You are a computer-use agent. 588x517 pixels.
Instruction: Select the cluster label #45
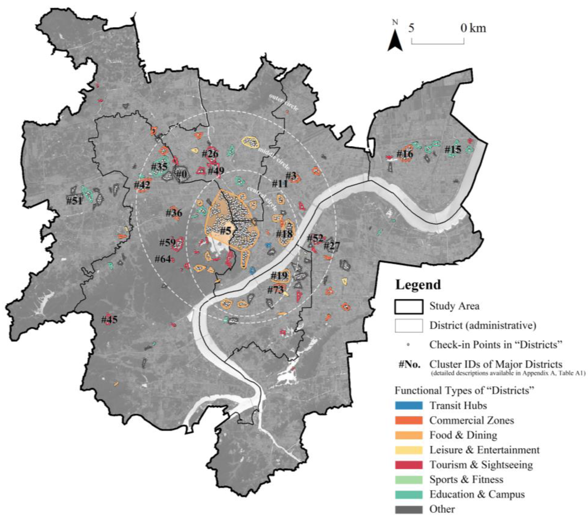109,319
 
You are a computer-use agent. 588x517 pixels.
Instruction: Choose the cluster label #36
174,213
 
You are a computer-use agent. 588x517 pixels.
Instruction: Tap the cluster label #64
163,259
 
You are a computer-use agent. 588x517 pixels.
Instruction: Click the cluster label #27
332,246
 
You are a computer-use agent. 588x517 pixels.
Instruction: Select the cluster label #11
280,184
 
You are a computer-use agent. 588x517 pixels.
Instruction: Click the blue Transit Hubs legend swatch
409,406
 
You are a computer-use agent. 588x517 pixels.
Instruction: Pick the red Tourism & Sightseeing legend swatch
409,465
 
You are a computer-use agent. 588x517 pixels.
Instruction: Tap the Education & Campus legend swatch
409,494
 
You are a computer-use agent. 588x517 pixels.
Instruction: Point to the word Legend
418,285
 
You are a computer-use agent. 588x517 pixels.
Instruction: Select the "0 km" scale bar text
473,29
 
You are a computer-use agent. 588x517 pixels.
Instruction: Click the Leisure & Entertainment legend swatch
409,450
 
